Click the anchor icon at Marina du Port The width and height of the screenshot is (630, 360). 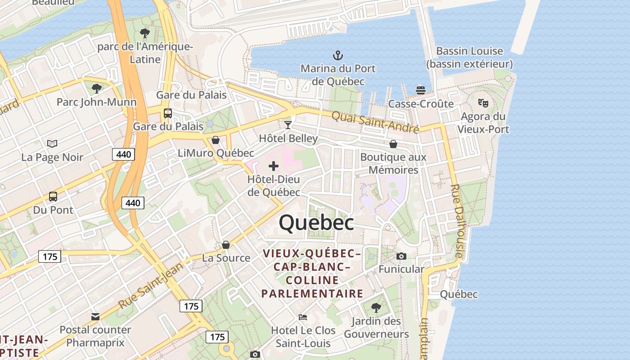click(x=337, y=55)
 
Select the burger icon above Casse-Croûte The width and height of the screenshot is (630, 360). click(x=421, y=90)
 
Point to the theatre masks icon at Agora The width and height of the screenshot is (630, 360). click(x=483, y=103)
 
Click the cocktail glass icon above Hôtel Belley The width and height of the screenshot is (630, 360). click(x=288, y=125)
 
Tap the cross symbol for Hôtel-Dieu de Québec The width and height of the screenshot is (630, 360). click(x=273, y=166)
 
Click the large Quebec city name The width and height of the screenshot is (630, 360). click(x=316, y=223)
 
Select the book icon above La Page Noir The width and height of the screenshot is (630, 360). click(x=53, y=144)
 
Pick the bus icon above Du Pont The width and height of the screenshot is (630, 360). click(x=53, y=197)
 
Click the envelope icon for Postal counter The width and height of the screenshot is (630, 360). click(x=95, y=317)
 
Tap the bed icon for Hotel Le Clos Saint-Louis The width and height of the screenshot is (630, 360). click(x=303, y=317)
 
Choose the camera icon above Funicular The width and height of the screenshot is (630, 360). click(x=401, y=256)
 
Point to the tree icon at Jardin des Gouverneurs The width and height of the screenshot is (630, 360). click(x=376, y=308)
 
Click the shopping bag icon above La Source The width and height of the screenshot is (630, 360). click(x=226, y=245)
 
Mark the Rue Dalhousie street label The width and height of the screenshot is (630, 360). click(x=457, y=221)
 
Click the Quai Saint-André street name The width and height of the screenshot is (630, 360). click(x=375, y=122)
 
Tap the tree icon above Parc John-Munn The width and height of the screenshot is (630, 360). click(x=96, y=88)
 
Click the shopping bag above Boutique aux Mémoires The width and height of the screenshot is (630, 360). click(x=393, y=144)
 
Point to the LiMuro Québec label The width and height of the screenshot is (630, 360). click(x=216, y=153)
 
